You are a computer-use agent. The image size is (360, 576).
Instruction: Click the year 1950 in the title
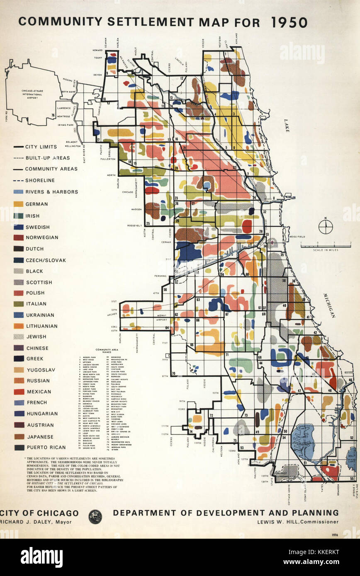coord(289,22)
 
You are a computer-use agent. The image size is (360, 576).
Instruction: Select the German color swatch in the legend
coord(18,204)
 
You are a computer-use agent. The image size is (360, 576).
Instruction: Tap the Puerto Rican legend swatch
coord(19,447)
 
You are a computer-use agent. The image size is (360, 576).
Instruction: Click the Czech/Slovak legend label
coord(46,260)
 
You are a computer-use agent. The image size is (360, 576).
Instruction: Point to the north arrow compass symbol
coord(326,226)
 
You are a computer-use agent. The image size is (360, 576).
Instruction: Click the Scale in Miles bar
coord(326,246)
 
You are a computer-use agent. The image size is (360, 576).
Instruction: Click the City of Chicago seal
coord(95,516)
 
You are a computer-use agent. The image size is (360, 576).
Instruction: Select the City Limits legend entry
coord(35,147)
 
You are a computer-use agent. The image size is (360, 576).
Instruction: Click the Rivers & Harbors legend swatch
coord(18,192)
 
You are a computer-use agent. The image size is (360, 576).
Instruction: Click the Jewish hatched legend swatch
coord(18,336)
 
